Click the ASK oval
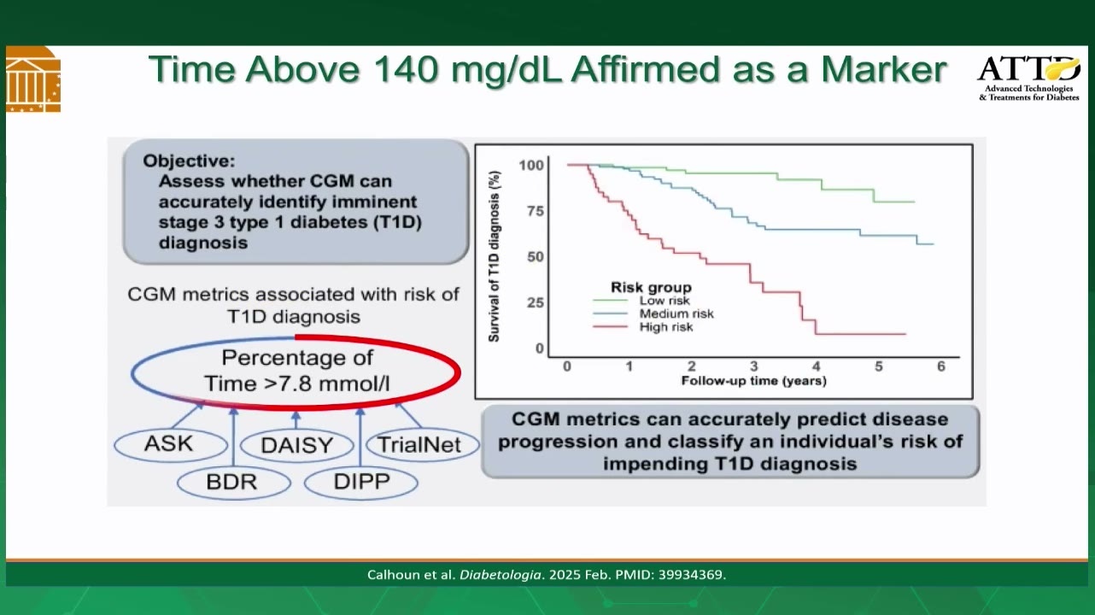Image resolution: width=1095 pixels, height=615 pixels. (171, 445)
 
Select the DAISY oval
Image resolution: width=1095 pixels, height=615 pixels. (296, 446)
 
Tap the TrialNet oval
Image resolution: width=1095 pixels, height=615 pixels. (422, 445)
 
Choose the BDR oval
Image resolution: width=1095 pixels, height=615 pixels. (234, 483)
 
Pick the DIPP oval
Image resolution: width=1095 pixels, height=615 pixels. (360, 482)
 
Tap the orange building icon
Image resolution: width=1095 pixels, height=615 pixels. (33, 79)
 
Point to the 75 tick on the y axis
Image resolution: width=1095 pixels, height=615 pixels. (536, 211)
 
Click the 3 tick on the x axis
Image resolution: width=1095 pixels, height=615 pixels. (754, 366)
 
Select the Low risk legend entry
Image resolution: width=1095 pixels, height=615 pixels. (641, 301)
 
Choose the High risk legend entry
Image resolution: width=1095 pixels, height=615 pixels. (643, 327)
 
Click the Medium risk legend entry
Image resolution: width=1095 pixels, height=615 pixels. (653, 313)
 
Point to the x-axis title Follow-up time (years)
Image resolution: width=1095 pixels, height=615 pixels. (754, 381)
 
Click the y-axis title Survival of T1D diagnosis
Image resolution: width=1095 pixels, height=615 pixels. (495, 256)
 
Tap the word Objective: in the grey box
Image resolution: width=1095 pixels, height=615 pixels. (189, 161)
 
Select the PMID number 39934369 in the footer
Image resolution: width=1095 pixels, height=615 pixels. (692, 574)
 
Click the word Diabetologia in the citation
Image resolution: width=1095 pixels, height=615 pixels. (501, 574)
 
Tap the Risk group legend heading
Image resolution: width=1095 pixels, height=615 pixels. (651, 287)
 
